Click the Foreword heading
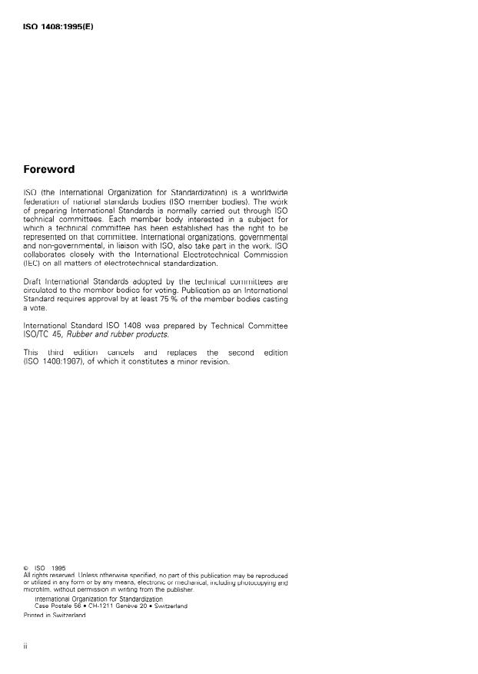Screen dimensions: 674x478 (x=49, y=170)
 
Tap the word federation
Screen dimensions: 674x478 (x=44, y=200)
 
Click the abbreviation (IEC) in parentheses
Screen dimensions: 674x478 (x=34, y=264)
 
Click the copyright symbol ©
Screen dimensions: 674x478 (x=27, y=569)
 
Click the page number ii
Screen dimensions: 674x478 (x=26, y=647)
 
